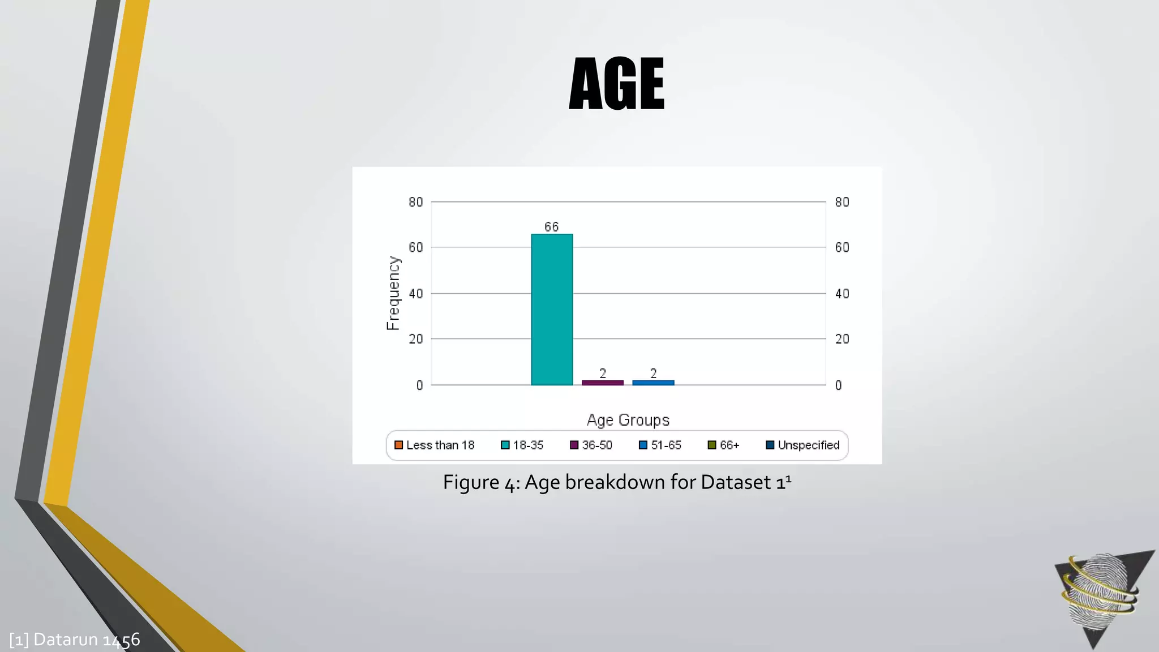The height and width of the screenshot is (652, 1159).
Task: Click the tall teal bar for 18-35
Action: click(x=552, y=310)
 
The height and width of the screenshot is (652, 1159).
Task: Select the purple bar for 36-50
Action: click(x=602, y=383)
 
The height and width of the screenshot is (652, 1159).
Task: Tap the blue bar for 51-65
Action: click(x=653, y=383)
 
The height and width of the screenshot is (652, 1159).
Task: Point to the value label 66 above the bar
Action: click(x=552, y=227)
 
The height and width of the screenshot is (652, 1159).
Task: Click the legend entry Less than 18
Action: click(x=435, y=445)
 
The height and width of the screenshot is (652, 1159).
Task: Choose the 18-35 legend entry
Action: click(x=522, y=445)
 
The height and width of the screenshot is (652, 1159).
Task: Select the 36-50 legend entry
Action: click(x=591, y=445)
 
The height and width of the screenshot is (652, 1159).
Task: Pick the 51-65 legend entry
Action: click(x=660, y=445)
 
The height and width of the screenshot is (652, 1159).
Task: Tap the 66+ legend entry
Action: click(x=724, y=445)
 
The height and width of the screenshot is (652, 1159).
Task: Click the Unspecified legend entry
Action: click(x=802, y=445)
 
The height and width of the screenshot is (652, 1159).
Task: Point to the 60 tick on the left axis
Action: click(x=416, y=247)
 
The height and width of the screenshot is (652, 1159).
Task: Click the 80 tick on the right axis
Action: click(x=842, y=202)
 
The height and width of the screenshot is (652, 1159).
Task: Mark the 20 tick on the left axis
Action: click(x=416, y=339)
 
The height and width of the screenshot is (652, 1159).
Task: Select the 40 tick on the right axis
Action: click(x=842, y=294)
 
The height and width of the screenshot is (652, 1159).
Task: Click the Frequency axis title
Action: click(x=393, y=293)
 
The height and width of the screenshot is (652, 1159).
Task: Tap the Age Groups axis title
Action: click(x=628, y=420)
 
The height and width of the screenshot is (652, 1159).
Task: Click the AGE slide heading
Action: click(x=617, y=84)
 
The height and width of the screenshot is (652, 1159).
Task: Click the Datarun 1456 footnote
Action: click(x=75, y=640)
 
